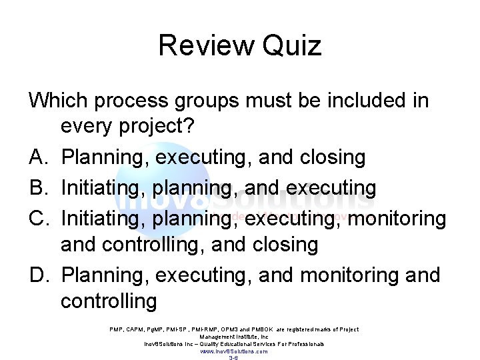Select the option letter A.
(37, 157)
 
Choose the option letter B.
(37, 188)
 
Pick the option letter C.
(37, 218)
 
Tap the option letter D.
(37, 275)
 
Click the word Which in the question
(58, 101)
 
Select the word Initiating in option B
(103, 188)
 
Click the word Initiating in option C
(103, 218)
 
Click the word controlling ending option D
(109, 301)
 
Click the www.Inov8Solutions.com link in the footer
(234, 351)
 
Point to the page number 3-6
(234, 358)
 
